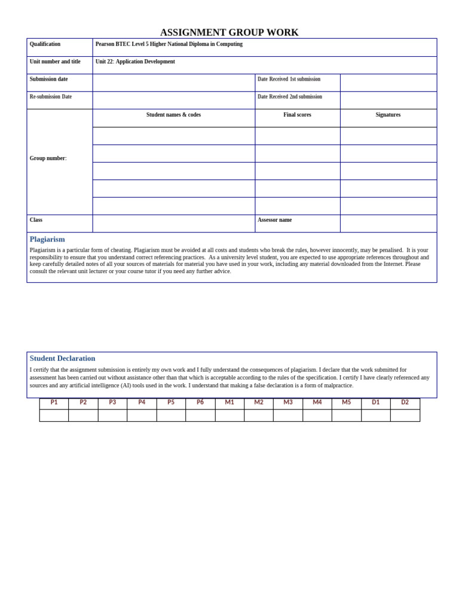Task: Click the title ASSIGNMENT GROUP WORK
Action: click(229, 32)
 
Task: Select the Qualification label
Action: click(45, 44)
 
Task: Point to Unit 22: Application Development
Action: click(135, 62)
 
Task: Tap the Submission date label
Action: click(48, 79)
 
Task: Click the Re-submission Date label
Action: click(50, 97)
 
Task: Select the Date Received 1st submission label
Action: click(289, 79)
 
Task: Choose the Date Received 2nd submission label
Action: click(289, 97)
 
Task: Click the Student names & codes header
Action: click(173, 115)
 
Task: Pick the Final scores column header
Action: click(297, 115)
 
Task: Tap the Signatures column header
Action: click(388, 115)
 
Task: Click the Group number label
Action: click(48, 158)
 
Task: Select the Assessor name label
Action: click(274, 220)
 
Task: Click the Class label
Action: click(36, 220)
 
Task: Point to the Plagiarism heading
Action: click(47, 239)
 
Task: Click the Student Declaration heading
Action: click(62, 358)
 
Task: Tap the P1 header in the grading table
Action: click(54, 402)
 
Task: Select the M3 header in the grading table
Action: click(288, 402)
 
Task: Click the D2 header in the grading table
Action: click(405, 402)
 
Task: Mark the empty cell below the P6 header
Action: click(200, 415)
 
